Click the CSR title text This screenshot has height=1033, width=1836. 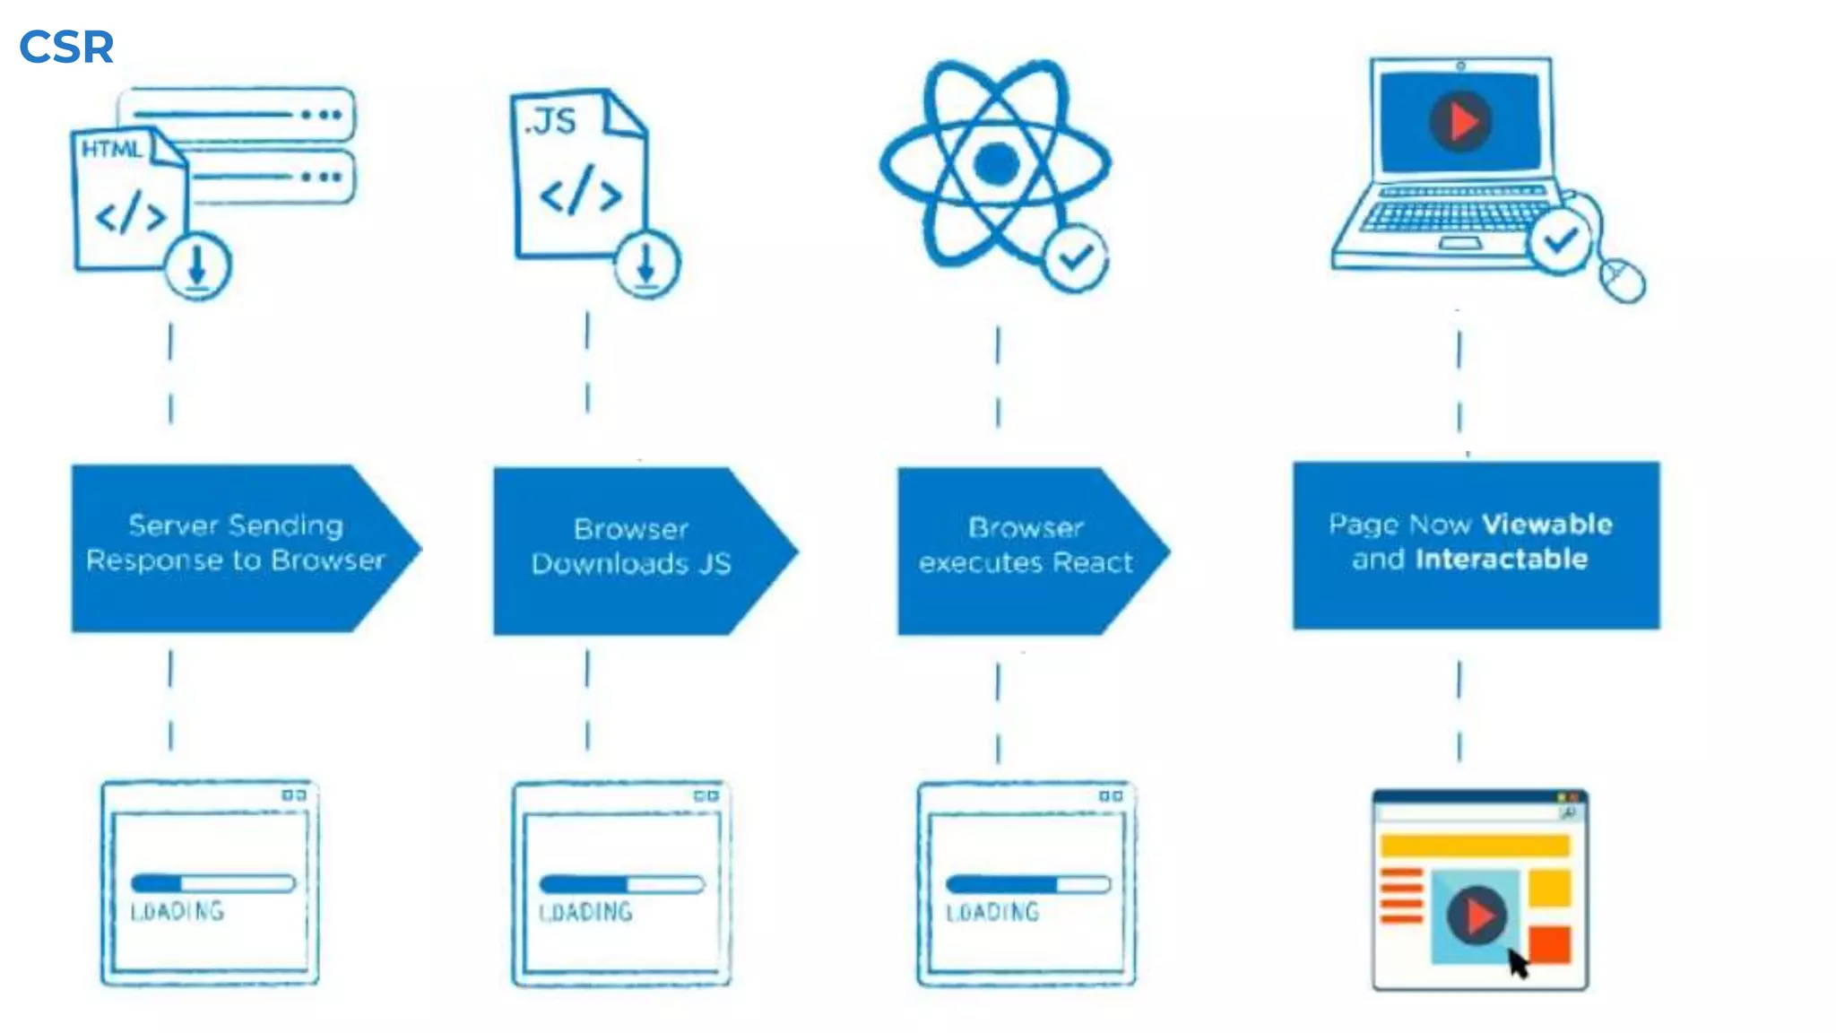click(66, 47)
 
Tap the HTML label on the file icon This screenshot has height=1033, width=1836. click(111, 149)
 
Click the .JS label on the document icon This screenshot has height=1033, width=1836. click(550, 121)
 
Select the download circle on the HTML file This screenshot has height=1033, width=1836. click(197, 266)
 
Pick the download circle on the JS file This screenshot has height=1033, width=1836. click(646, 264)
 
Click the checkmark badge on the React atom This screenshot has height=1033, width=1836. click(1075, 257)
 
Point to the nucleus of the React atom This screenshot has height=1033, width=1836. click(996, 164)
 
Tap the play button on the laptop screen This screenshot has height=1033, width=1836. click(1460, 121)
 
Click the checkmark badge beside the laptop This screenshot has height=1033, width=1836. click(1560, 239)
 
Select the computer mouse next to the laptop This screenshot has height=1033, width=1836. click(1623, 280)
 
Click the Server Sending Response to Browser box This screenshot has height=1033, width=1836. click(235, 548)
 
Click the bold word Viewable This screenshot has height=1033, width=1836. click(1546, 524)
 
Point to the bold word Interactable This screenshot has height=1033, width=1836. click(1502, 560)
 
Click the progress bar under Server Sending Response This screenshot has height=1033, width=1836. click(212, 883)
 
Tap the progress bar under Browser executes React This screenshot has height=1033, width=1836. click(1028, 885)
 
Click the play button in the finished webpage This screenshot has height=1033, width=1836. click(1476, 916)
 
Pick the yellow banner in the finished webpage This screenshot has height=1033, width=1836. click(1475, 846)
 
